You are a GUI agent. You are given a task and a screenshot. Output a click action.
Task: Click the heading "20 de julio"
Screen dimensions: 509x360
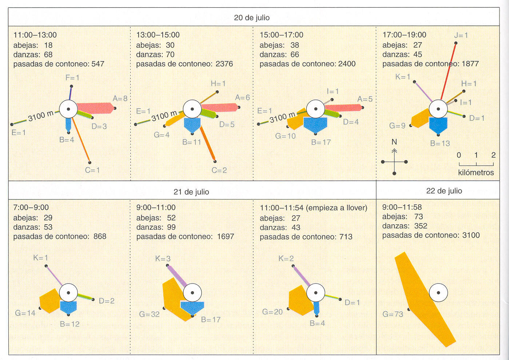251,18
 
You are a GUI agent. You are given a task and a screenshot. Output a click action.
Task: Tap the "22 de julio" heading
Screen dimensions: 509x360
444,191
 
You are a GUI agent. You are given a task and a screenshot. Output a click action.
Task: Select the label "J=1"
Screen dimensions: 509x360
461,35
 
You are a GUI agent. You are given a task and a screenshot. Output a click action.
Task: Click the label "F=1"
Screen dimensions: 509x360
72,78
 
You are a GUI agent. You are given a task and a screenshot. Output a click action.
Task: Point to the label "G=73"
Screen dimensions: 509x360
393,314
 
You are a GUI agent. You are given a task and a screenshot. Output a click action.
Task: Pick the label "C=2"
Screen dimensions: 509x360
219,170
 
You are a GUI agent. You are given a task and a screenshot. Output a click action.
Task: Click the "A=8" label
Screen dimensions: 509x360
120,98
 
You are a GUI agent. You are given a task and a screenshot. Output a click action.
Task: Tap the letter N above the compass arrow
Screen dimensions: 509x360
394,142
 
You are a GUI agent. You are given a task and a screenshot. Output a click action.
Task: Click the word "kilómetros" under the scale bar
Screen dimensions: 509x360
476,173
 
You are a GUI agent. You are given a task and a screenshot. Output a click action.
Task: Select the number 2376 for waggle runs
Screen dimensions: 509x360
224,64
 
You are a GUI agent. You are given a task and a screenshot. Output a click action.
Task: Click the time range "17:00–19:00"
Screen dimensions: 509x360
404,35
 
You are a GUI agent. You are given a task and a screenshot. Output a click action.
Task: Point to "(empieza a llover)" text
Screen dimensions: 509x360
337,208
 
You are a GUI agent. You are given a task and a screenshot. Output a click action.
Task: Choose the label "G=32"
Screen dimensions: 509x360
149,314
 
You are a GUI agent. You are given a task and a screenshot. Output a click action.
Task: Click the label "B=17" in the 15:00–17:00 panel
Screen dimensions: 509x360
321,142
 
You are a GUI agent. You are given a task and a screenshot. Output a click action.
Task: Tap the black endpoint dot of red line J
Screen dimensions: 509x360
456,43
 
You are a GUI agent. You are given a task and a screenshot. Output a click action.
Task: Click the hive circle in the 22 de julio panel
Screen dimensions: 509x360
438,293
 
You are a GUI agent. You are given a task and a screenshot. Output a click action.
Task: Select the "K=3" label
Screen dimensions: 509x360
163,258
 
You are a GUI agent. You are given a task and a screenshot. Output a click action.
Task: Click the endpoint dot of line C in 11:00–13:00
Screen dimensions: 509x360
90,162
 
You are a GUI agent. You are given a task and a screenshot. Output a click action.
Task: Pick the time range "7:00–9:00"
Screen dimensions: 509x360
31,207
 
